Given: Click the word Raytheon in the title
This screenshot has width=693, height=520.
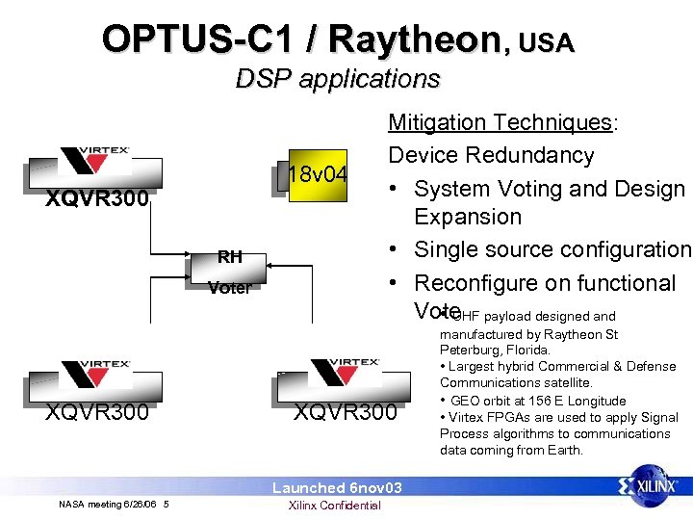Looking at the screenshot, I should click(x=415, y=39).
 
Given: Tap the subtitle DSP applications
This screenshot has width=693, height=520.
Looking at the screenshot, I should click(x=337, y=78).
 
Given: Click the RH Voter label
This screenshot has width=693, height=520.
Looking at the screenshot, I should click(x=229, y=272).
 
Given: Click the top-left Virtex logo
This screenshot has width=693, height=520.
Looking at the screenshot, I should click(x=94, y=161).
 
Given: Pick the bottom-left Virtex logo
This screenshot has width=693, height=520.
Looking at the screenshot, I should click(x=94, y=374).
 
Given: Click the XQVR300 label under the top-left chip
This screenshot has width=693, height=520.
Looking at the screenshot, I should click(x=98, y=200).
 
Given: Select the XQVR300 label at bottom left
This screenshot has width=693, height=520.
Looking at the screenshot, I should click(x=98, y=412).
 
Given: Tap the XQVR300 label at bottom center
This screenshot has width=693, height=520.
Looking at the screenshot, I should click(x=346, y=412).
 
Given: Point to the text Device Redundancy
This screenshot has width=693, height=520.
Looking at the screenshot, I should click(x=490, y=155).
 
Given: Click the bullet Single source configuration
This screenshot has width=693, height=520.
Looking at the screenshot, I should click(x=552, y=249).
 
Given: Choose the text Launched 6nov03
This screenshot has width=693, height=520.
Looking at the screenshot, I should click(x=336, y=488).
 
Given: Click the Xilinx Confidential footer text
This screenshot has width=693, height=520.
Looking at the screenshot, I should click(x=335, y=506).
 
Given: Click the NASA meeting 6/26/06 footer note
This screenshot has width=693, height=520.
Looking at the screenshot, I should click(x=113, y=505).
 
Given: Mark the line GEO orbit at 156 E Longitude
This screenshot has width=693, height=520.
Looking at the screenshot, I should click(x=537, y=401).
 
